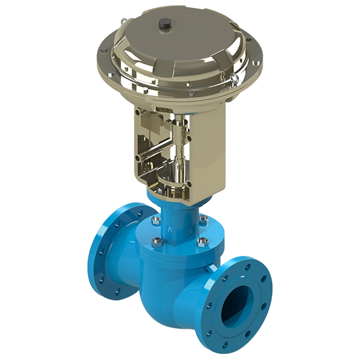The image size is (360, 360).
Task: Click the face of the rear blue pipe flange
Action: tap(108, 252)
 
